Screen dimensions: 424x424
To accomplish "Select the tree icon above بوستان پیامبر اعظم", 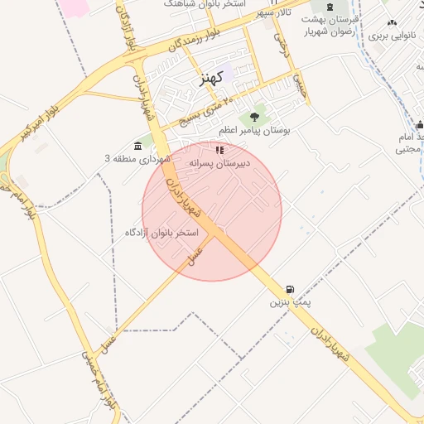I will (254, 118).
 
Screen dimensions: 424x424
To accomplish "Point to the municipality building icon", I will (137, 147).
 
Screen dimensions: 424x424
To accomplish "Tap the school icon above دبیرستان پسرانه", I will (219, 150).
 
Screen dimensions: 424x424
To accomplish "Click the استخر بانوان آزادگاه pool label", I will (162, 233).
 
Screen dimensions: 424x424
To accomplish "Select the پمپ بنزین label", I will (289, 303).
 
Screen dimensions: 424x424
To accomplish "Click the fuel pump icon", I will (289, 290).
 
